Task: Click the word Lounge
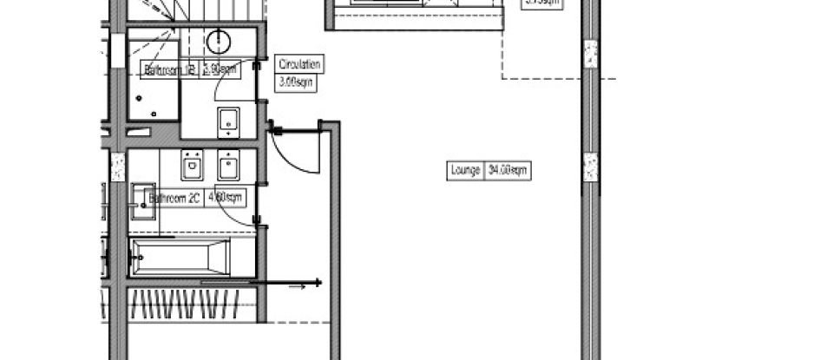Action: pos(465,171)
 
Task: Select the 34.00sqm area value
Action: pos(508,171)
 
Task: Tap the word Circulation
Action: pos(299,64)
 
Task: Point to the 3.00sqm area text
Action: pos(295,83)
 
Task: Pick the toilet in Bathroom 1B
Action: pos(229,121)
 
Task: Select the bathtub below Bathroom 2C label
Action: pos(180,258)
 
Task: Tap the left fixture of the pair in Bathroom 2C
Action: pos(192,163)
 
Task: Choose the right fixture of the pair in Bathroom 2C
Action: pos(229,163)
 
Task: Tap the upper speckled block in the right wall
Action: pos(590,55)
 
